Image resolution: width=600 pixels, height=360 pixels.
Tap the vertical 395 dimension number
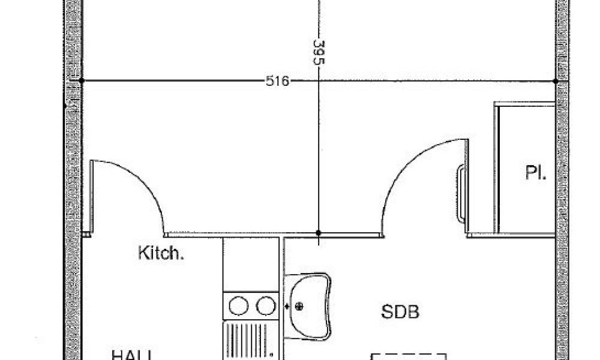tap(319, 53)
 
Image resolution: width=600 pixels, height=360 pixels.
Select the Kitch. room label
tap(161, 253)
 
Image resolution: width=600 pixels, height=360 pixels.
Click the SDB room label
tap(400, 312)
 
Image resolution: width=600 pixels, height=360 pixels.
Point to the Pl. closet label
tap(535, 173)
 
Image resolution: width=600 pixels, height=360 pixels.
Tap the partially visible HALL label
tap(130, 355)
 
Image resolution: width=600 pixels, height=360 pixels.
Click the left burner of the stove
tap(238, 306)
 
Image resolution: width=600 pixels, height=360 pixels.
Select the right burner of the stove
tap(266, 306)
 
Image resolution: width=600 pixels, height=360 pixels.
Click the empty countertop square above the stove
tap(251, 264)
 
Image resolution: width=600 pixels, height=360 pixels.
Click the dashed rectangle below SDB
tap(408, 356)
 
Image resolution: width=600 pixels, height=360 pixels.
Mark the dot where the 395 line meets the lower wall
tap(319, 233)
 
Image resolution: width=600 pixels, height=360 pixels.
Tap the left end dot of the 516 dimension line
tap(81, 80)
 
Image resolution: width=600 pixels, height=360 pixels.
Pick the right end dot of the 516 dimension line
tap(556, 80)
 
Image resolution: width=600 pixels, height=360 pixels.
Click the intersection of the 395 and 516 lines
tap(319, 80)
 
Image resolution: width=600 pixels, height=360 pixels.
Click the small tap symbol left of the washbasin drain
tap(289, 307)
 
